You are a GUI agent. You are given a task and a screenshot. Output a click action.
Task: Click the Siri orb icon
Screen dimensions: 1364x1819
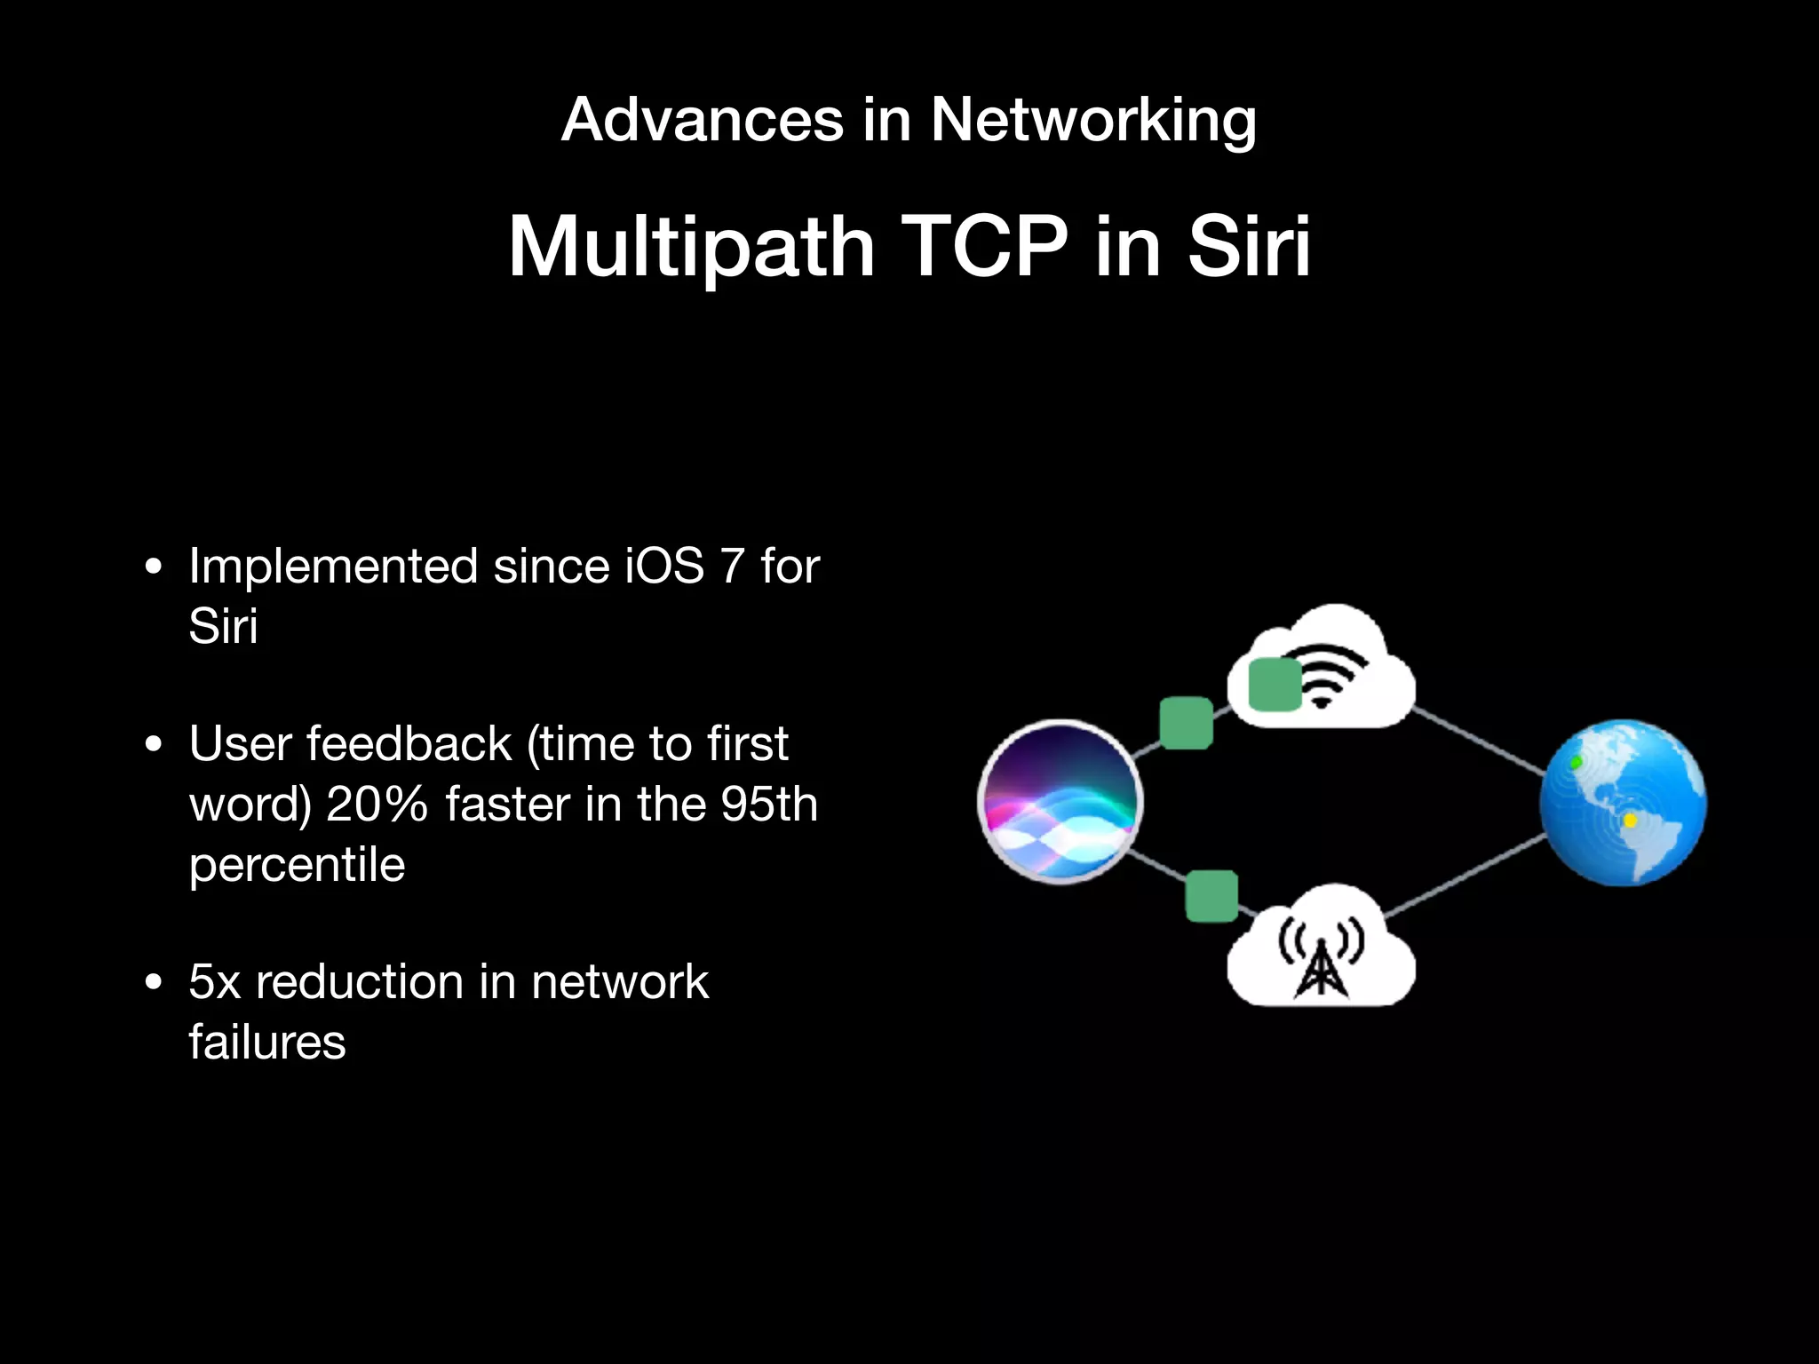tap(1060, 801)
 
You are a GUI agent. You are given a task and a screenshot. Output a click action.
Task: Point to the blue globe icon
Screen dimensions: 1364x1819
tap(1623, 803)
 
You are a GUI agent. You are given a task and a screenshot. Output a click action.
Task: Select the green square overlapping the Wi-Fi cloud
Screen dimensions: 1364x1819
tap(1274, 685)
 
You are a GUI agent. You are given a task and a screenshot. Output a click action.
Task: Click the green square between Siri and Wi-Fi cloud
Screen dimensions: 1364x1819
tap(1187, 723)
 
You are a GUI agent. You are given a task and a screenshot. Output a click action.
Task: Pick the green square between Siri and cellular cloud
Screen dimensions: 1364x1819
tap(1211, 895)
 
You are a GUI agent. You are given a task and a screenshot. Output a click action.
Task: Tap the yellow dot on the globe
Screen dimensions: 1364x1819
tap(1630, 821)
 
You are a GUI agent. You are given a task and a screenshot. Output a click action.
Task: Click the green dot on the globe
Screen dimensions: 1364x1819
tap(1576, 763)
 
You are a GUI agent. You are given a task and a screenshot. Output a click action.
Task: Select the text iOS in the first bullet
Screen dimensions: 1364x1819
tap(664, 567)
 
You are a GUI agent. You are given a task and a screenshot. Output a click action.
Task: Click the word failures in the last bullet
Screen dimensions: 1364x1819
tap(266, 1043)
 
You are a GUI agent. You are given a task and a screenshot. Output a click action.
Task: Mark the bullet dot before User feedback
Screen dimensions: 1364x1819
tap(154, 744)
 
